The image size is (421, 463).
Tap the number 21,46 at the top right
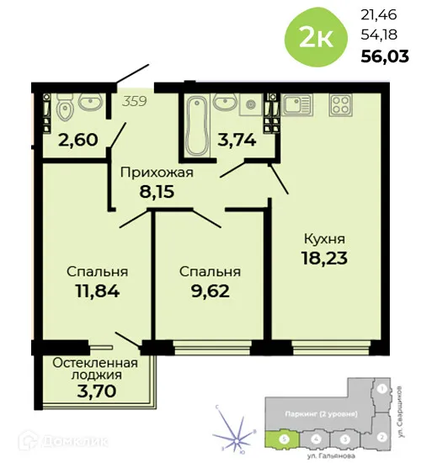tap(379, 14)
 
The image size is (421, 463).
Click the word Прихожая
tap(157, 173)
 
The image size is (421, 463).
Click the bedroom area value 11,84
tap(97, 292)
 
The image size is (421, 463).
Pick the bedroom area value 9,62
tap(209, 292)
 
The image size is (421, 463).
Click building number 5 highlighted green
tap(286, 439)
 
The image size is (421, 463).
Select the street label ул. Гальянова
tap(331, 455)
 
